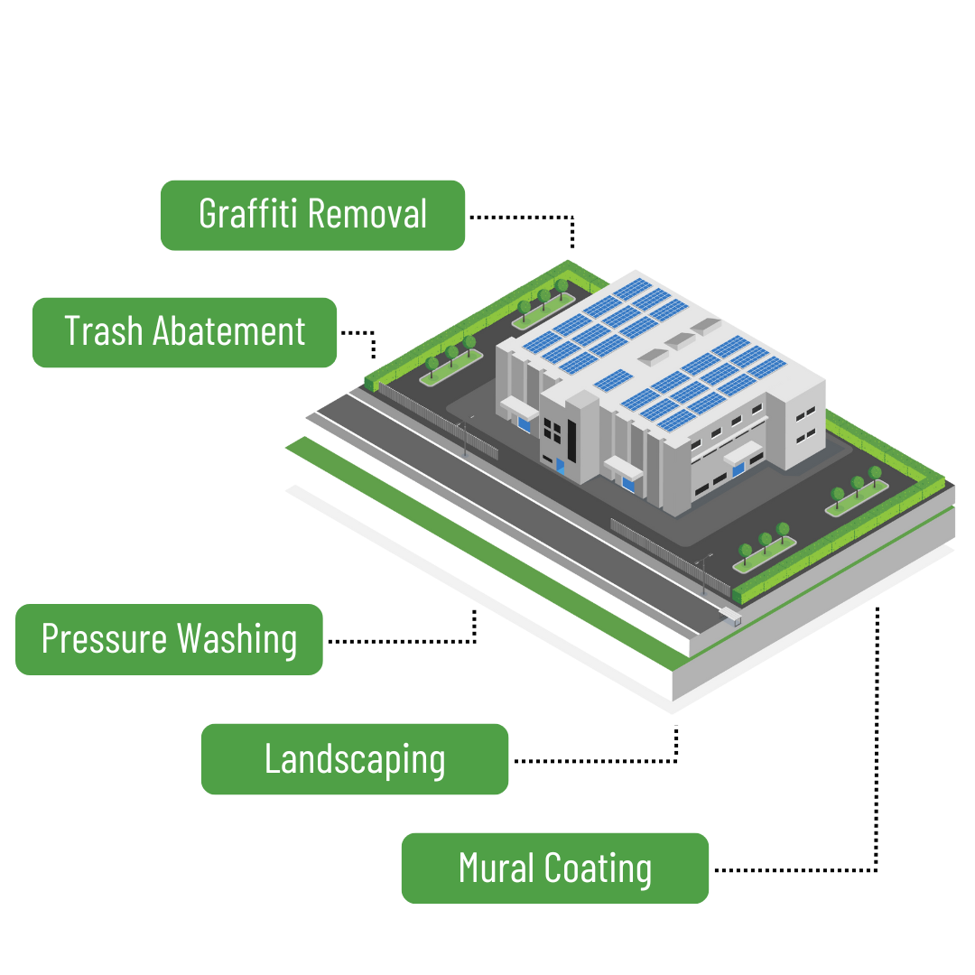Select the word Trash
[104, 331]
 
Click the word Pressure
[105, 639]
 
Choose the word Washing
[237, 639]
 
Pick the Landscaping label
[355, 760]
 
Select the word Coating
[599, 868]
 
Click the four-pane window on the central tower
[552, 424]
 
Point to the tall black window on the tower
[572, 437]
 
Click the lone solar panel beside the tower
[613, 380]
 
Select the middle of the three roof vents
[679, 339]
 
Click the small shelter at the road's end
[730, 619]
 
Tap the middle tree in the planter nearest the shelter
[765, 541]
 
